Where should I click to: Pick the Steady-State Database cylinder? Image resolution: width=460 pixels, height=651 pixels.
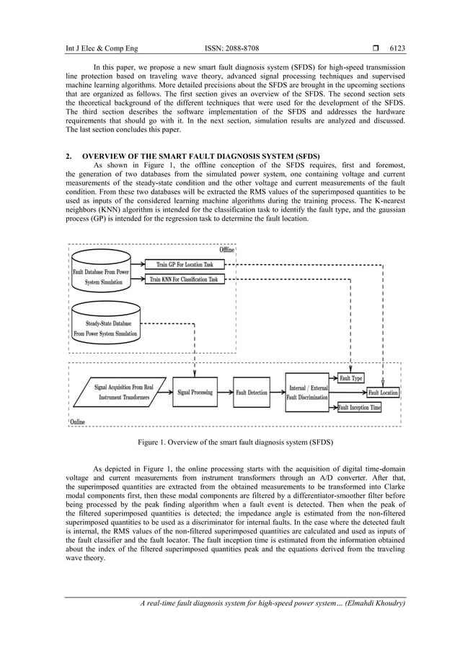(106, 325)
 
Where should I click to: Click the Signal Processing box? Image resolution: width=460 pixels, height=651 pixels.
(195, 393)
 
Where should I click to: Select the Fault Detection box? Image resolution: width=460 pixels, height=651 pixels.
(252, 393)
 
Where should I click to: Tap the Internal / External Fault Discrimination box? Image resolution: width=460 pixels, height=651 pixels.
(307, 393)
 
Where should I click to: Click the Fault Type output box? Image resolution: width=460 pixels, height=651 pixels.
(351, 378)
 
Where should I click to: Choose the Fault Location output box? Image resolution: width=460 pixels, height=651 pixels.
(383, 393)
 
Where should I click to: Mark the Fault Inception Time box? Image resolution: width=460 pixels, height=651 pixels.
(359, 408)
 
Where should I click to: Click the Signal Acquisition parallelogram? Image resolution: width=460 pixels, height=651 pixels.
(121, 392)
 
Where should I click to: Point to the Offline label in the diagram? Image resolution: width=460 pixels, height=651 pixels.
(226, 250)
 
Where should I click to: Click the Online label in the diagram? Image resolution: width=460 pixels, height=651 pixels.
(77, 422)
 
